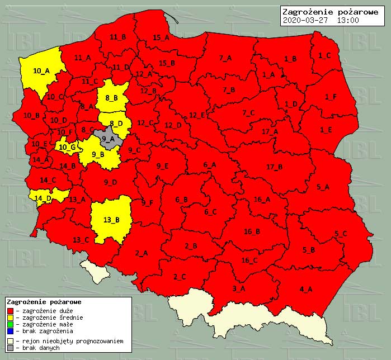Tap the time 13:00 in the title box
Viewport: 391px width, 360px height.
click(347, 20)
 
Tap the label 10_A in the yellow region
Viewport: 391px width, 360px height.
click(41, 71)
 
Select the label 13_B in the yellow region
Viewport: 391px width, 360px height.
click(111, 219)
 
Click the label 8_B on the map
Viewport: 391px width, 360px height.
click(111, 98)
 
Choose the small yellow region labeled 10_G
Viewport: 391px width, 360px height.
click(67, 148)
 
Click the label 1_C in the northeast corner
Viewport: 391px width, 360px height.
click(324, 55)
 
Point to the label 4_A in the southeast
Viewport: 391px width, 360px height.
click(306, 289)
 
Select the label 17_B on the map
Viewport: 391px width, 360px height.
click(274, 167)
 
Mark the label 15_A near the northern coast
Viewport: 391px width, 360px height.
click(161, 37)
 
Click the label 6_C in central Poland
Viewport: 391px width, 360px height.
click(210, 212)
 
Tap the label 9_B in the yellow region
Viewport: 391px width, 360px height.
click(98, 155)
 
